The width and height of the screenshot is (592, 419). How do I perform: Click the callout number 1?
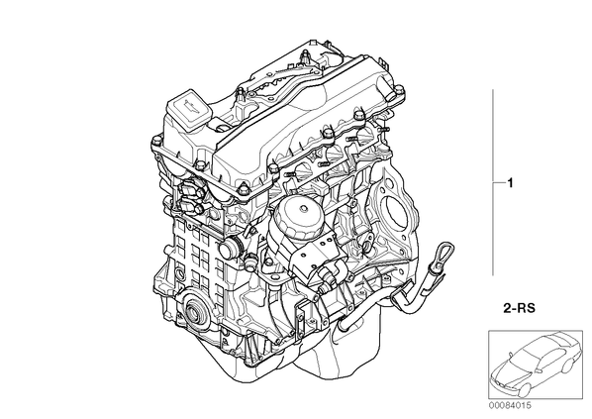coord(510,183)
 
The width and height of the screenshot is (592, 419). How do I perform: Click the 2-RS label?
coord(519,308)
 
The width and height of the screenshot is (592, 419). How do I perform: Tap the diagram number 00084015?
coord(509,405)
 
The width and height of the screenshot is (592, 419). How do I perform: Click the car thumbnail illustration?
coord(535,365)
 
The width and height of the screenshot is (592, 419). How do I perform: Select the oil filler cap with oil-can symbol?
coord(188,107)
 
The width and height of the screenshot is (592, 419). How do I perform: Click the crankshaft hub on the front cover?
coord(193,313)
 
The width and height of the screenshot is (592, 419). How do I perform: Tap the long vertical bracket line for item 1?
coord(493,182)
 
